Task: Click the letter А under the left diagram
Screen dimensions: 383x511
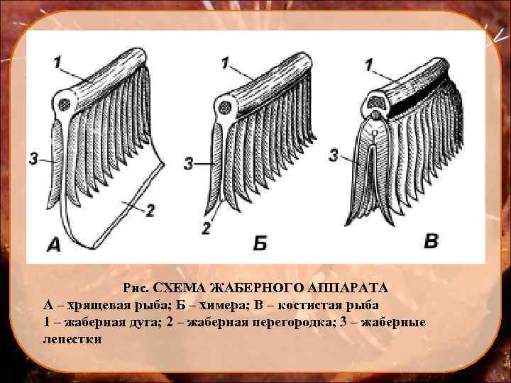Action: point(54,245)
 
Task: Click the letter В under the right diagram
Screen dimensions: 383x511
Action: point(432,241)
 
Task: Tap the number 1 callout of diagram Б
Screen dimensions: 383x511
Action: point(225,64)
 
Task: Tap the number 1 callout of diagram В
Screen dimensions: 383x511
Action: point(369,65)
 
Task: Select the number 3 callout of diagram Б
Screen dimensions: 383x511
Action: point(188,164)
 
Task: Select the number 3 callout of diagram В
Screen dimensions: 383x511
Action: point(334,155)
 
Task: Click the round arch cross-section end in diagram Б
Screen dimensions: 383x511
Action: point(226,108)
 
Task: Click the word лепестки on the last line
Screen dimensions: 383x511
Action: point(72,339)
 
